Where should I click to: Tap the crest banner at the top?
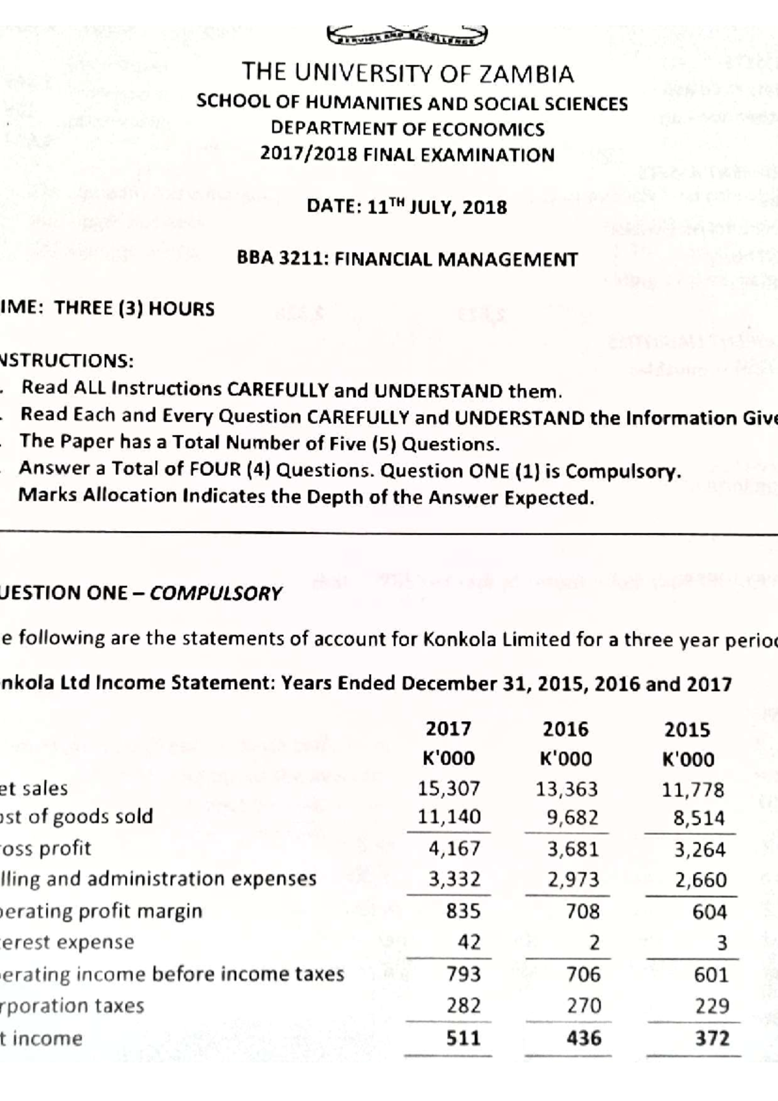click(408, 36)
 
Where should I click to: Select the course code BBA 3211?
click(283, 259)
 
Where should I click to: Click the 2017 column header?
click(449, 729)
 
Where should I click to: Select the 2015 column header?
click(687, 730)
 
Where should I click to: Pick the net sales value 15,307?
click(449, 788)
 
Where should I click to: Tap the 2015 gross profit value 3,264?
click(700, 849)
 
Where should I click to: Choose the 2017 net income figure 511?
click(463, 1038)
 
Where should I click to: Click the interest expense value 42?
click(469, 941)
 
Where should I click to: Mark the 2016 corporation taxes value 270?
click(584, 1006)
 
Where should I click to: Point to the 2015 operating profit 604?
click(709, 912)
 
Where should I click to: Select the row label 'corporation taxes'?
click(71, 1006)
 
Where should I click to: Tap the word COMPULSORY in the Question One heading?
click(216, 593)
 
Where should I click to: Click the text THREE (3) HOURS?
click(134, 308)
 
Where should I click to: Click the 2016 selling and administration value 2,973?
click(573, 879)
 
